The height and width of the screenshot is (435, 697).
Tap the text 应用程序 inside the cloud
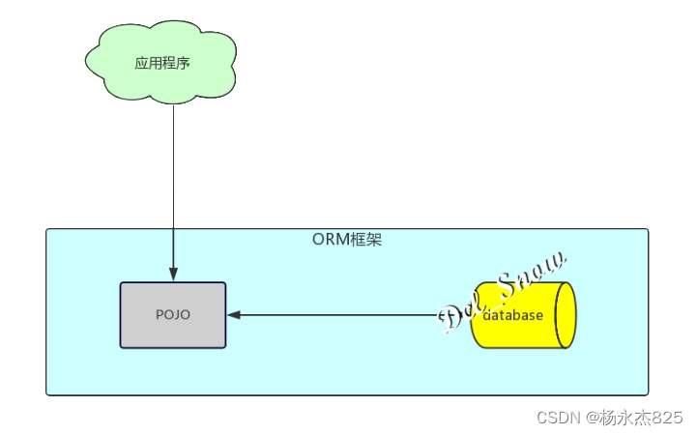click(x=162, y=64)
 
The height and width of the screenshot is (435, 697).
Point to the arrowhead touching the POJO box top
click(x=173, y=275)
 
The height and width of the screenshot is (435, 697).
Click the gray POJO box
click(x=173, y=333)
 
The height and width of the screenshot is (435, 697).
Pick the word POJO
click(x=173, y=315)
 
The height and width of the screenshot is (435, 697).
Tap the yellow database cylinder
click(x=522, y=333)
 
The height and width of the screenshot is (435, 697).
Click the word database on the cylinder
click(x=514, y=315)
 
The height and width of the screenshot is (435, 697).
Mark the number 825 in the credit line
click(x=667, y=418)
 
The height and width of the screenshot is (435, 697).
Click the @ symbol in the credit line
click(x=588, y=418)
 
